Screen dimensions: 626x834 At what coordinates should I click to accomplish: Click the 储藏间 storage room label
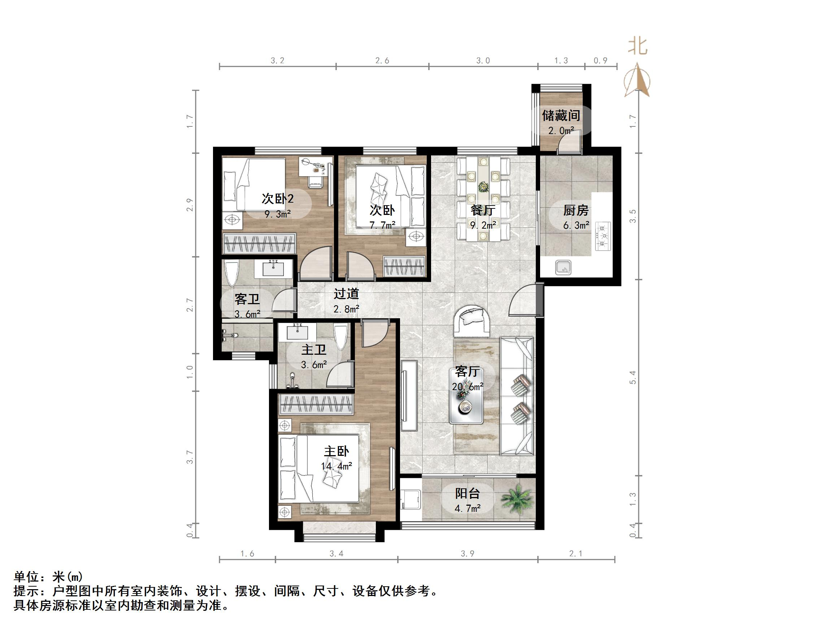coord(561,116)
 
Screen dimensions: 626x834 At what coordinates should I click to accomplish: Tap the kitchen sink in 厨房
coord(563,268)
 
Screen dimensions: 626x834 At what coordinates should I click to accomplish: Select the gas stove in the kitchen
coord(603,237)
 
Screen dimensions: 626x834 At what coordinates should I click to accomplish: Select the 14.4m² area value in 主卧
coord(336,466)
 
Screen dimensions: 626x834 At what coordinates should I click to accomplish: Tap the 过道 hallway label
coord(346,294)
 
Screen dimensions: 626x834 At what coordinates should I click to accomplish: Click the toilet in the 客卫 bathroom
coord(231,273)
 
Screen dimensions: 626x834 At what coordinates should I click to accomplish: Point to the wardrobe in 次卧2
coord(259,243)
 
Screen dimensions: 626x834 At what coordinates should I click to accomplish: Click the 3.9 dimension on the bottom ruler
coord(467,553)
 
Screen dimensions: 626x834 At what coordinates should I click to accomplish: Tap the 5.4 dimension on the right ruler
coord(633,377)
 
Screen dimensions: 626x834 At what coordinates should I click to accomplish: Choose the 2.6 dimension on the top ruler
coord(382,61)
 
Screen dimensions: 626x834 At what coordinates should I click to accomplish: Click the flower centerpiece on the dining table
coord(483,186)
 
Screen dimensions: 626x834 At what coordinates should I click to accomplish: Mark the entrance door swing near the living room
coord(522,301)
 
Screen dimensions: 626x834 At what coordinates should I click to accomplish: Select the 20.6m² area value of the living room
coord(468,387)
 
